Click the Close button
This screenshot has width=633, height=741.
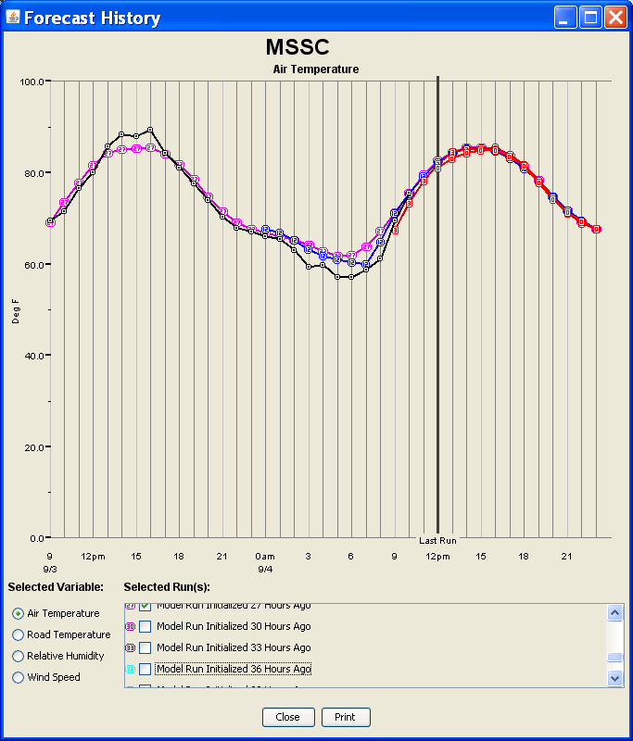point(287,717)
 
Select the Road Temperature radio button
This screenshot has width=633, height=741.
point(19,634)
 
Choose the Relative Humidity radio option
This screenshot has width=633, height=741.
point(19,656)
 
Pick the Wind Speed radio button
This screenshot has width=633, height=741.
point(19,677)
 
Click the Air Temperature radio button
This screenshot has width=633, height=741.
point(19,613)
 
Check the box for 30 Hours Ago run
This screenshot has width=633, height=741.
point(145,626)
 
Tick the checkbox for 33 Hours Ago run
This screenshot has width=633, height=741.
point(145,647)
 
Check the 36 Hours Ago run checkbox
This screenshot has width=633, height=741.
point(145,669)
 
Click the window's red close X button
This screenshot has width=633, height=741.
point(614,18)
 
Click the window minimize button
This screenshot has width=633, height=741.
point(564,18)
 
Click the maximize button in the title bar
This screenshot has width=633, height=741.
point(589,18)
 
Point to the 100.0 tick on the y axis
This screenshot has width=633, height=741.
point(33,82)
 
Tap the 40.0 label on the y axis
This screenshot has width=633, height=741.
point(33,356)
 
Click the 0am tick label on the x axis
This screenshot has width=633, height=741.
point(265,556)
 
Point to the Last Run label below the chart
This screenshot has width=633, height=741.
point(437,540)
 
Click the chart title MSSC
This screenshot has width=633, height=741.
point(297,47)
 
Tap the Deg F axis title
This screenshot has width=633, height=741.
point(16,310)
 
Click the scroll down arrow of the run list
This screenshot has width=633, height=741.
point(614,677)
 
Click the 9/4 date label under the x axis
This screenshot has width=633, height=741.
point(265,569)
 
